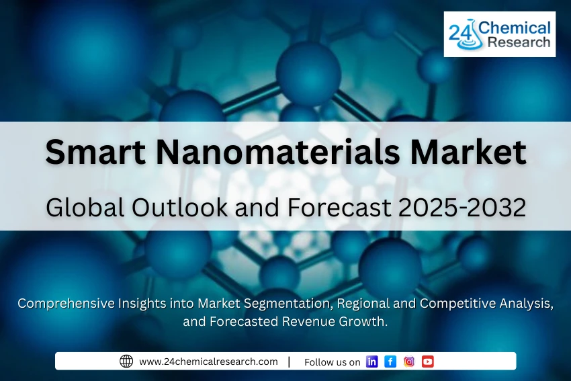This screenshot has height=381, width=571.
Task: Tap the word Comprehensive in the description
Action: pos(64,304)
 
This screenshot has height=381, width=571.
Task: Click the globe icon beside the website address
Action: pos(126,362)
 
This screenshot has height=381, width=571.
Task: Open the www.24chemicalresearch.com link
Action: pos(208,362)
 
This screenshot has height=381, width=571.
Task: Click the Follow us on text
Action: pos(332,362)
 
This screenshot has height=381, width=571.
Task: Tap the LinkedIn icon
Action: pos(372,362)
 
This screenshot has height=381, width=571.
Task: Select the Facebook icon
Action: pos(390,362)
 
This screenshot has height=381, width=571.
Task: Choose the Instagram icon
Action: pos(409,362)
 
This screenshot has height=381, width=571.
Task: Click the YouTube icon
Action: pos(428,362)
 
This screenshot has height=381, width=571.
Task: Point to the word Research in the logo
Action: pos(519,43)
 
